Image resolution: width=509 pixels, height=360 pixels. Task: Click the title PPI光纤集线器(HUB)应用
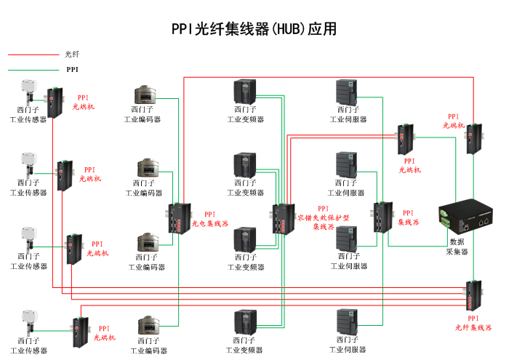[254, 29]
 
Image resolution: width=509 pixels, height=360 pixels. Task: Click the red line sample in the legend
[33, 55]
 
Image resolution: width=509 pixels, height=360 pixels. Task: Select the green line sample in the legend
[33, 70]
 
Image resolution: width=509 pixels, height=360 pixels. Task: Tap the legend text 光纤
[71, 55]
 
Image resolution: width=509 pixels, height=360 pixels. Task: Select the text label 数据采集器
[457, 247]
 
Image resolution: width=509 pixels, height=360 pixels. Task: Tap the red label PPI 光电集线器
[210, 220]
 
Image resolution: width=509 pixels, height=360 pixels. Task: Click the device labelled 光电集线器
[178, 218]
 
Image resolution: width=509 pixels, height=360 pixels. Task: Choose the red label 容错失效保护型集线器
[324, 217]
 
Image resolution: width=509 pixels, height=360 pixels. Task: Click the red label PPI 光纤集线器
[473, 323]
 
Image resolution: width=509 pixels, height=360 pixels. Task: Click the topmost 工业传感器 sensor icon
[29, 92]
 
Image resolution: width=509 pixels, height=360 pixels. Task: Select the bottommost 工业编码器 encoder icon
[148, 327]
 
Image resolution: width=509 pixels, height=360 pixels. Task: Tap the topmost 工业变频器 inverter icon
[244, 92]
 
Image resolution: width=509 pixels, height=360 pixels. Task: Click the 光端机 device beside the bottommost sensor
[80, 331]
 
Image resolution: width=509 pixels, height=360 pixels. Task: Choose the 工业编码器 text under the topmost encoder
[143, 119]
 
